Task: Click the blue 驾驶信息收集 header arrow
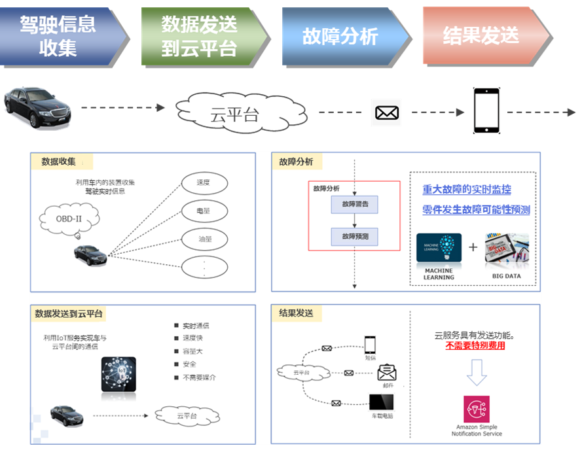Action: pyautogui.click(x=62, y=36)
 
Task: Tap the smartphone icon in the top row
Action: pyautogui.click(x=486, y=111)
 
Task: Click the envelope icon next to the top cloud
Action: pyautogui.click(x=387, y=113)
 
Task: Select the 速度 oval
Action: pyautogui.click(x=204, y=182)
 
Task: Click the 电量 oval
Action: pyautogui.click(x=204, y=211)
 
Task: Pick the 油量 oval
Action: pyautogui.click(x=204, y=239)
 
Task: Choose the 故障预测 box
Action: pyautogui.click(x=354, y=235)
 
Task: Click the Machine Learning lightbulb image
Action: pyautogui.click(x=439, y=248)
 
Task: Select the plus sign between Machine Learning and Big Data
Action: pyautogui.click(x=473, y=247)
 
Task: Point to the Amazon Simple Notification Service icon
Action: pyautogui.click(x=477, y=409)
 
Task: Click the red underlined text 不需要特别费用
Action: pyautogui.click(x=475, y=346)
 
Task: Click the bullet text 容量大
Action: pyautogui.click(x=194, y=351)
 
